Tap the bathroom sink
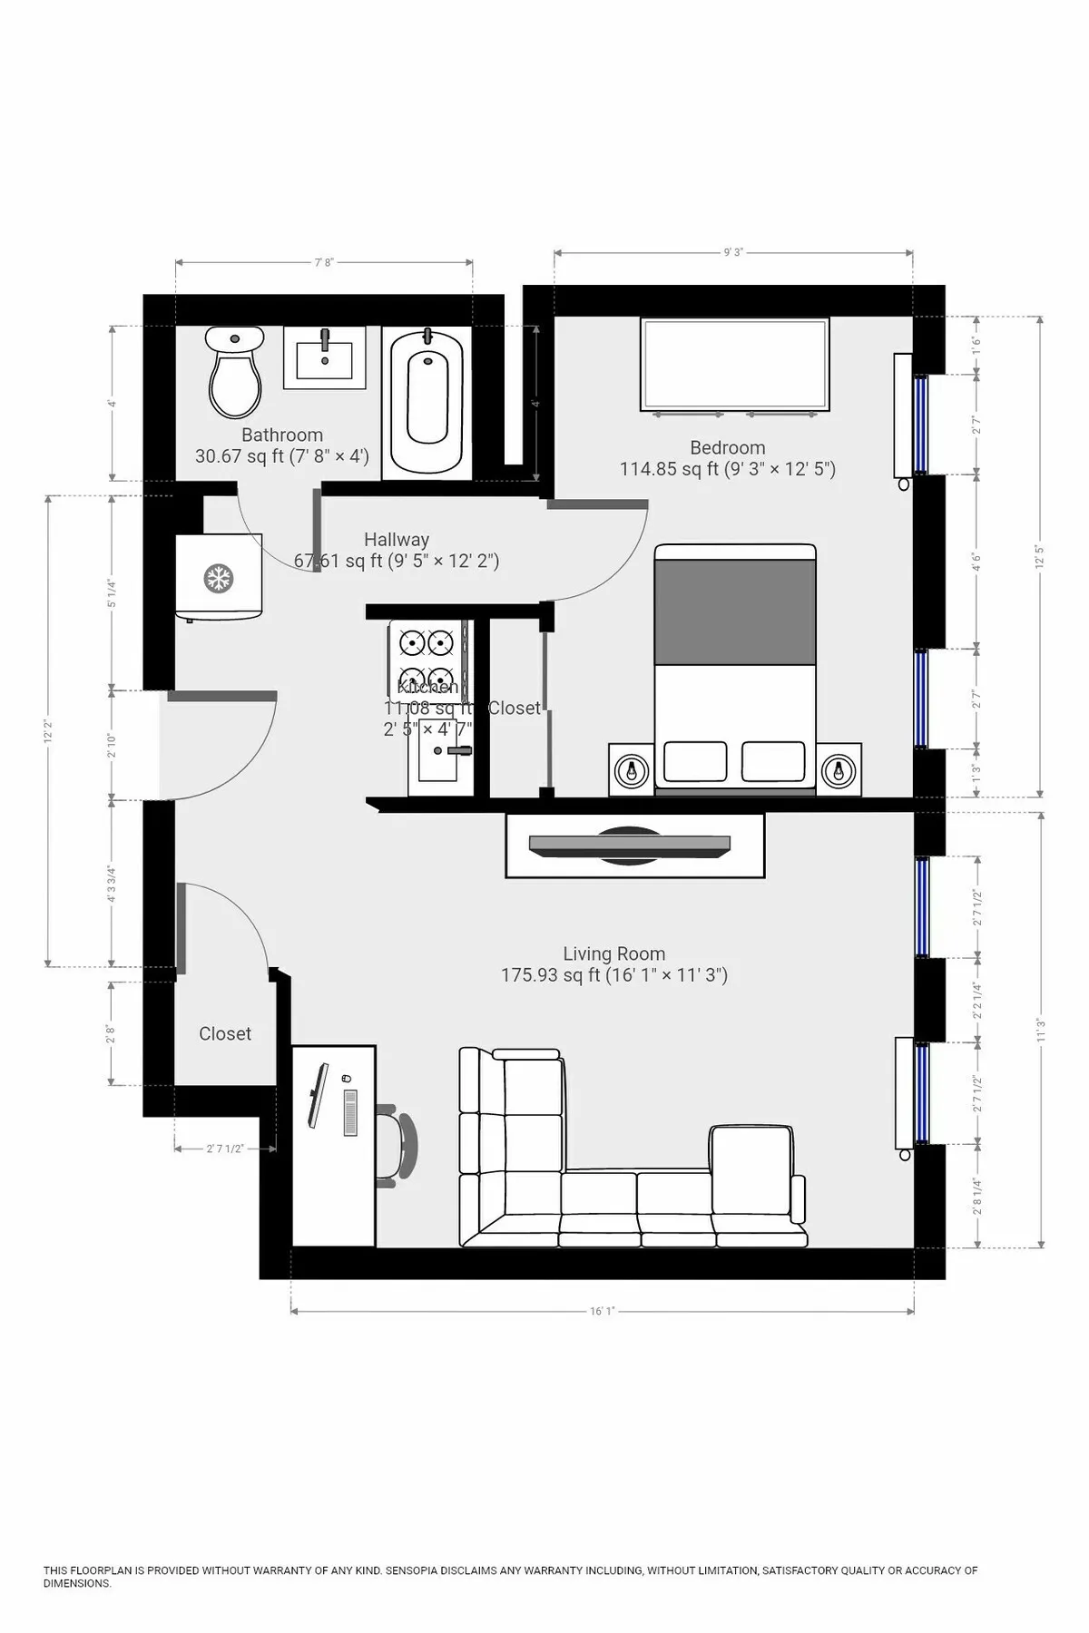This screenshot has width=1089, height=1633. click(x=324, y=358)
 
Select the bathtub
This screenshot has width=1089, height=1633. click(x=427, y=400)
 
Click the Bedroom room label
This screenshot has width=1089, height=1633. click(x=728, y=448)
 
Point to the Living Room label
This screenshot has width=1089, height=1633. click(x=614, y=954)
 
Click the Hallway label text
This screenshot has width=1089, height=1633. click(x=397, y=540)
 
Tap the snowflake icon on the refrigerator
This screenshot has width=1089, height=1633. click(x=218, y=578)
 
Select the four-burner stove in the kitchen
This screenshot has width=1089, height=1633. click(x=427, y=659)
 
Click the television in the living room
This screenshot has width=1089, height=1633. click(x=630, y=845)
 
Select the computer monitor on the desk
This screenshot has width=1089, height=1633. click(x=319, y=1095)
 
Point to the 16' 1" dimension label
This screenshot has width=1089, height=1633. click(x=603, y=1311)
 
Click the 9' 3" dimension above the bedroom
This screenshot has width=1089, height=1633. click(x=733, y=252)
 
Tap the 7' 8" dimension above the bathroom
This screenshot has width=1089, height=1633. click(x=324, y=262)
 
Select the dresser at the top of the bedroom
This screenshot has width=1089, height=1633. click(x=735, y=365)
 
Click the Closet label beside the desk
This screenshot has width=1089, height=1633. click(x=225, y=1034)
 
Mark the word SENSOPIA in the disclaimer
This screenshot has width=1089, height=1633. click(x=420, y=1570)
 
